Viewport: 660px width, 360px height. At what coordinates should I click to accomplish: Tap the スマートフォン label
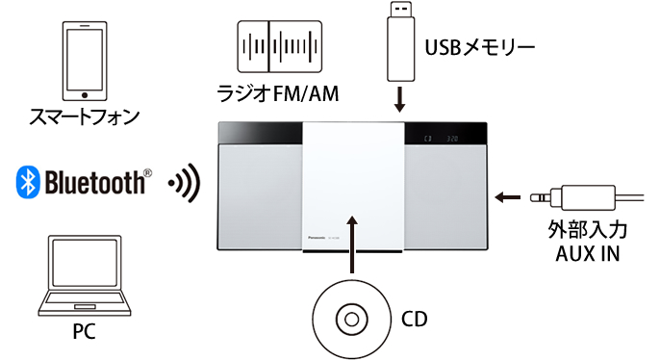tap(85, 117)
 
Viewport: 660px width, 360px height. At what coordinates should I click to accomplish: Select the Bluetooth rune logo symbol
tap(26, 181)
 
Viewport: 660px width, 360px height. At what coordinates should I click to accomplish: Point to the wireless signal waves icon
tap(183, 182)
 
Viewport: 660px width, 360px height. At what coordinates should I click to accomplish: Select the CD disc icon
tap(352, 317)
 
